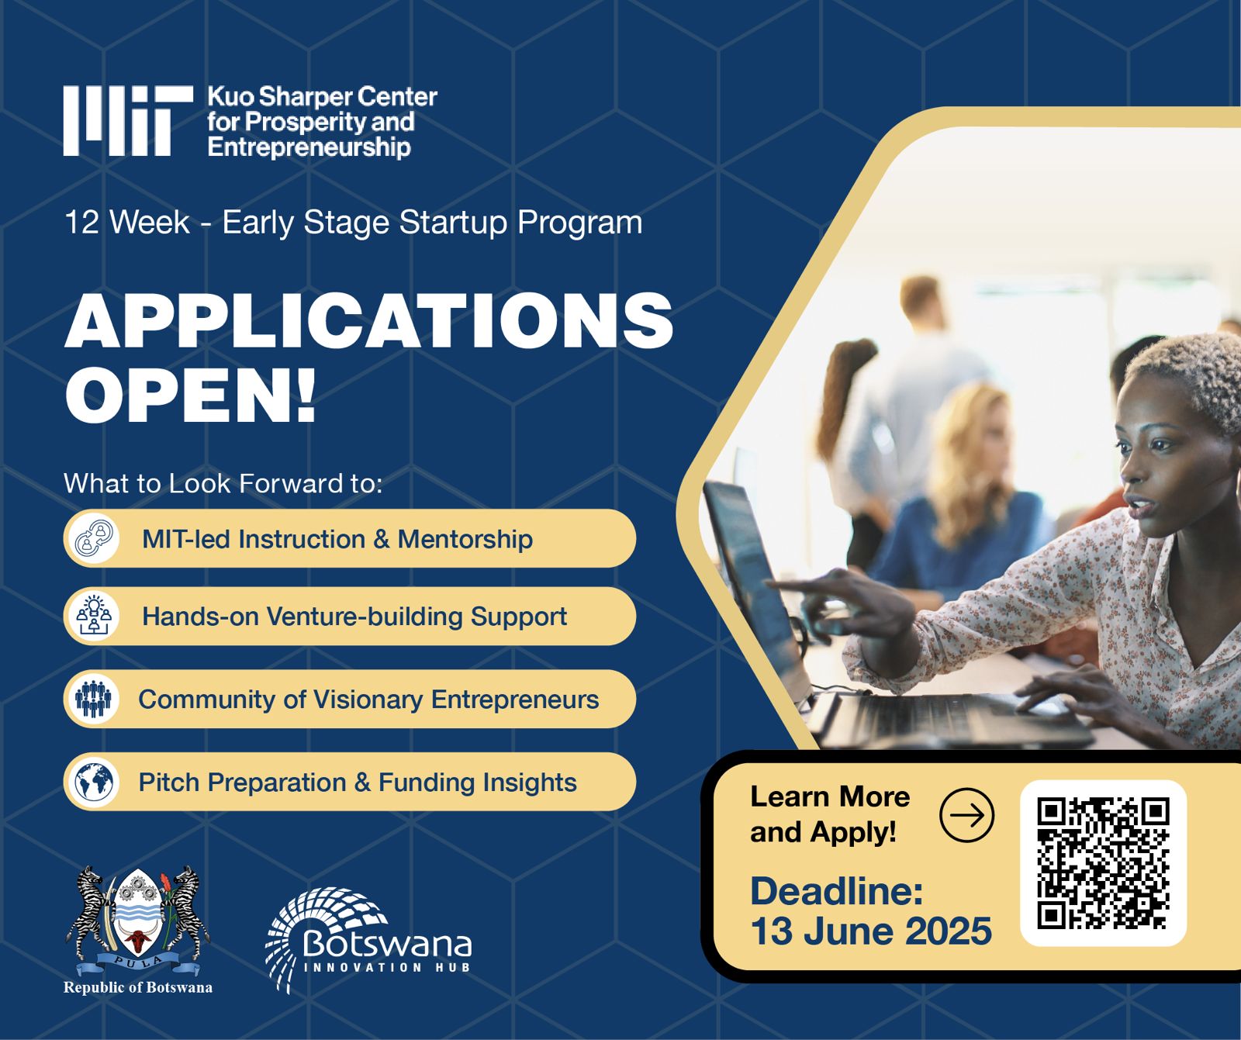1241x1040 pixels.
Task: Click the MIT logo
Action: click(128, 120)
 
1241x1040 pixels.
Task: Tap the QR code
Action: click(1103, 863)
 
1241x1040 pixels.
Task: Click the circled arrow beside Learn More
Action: click(966, 815)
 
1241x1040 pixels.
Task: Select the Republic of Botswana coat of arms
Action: click(137, 920)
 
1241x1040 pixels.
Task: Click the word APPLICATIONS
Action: click(368, 321)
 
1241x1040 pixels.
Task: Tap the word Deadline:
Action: click(836, 890)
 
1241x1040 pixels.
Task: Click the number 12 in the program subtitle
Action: click(81, 223)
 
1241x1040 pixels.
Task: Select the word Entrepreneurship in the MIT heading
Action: click(309, 147)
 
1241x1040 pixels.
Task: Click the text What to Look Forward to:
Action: click(223, 483)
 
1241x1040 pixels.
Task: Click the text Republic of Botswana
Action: click(137, 987)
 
